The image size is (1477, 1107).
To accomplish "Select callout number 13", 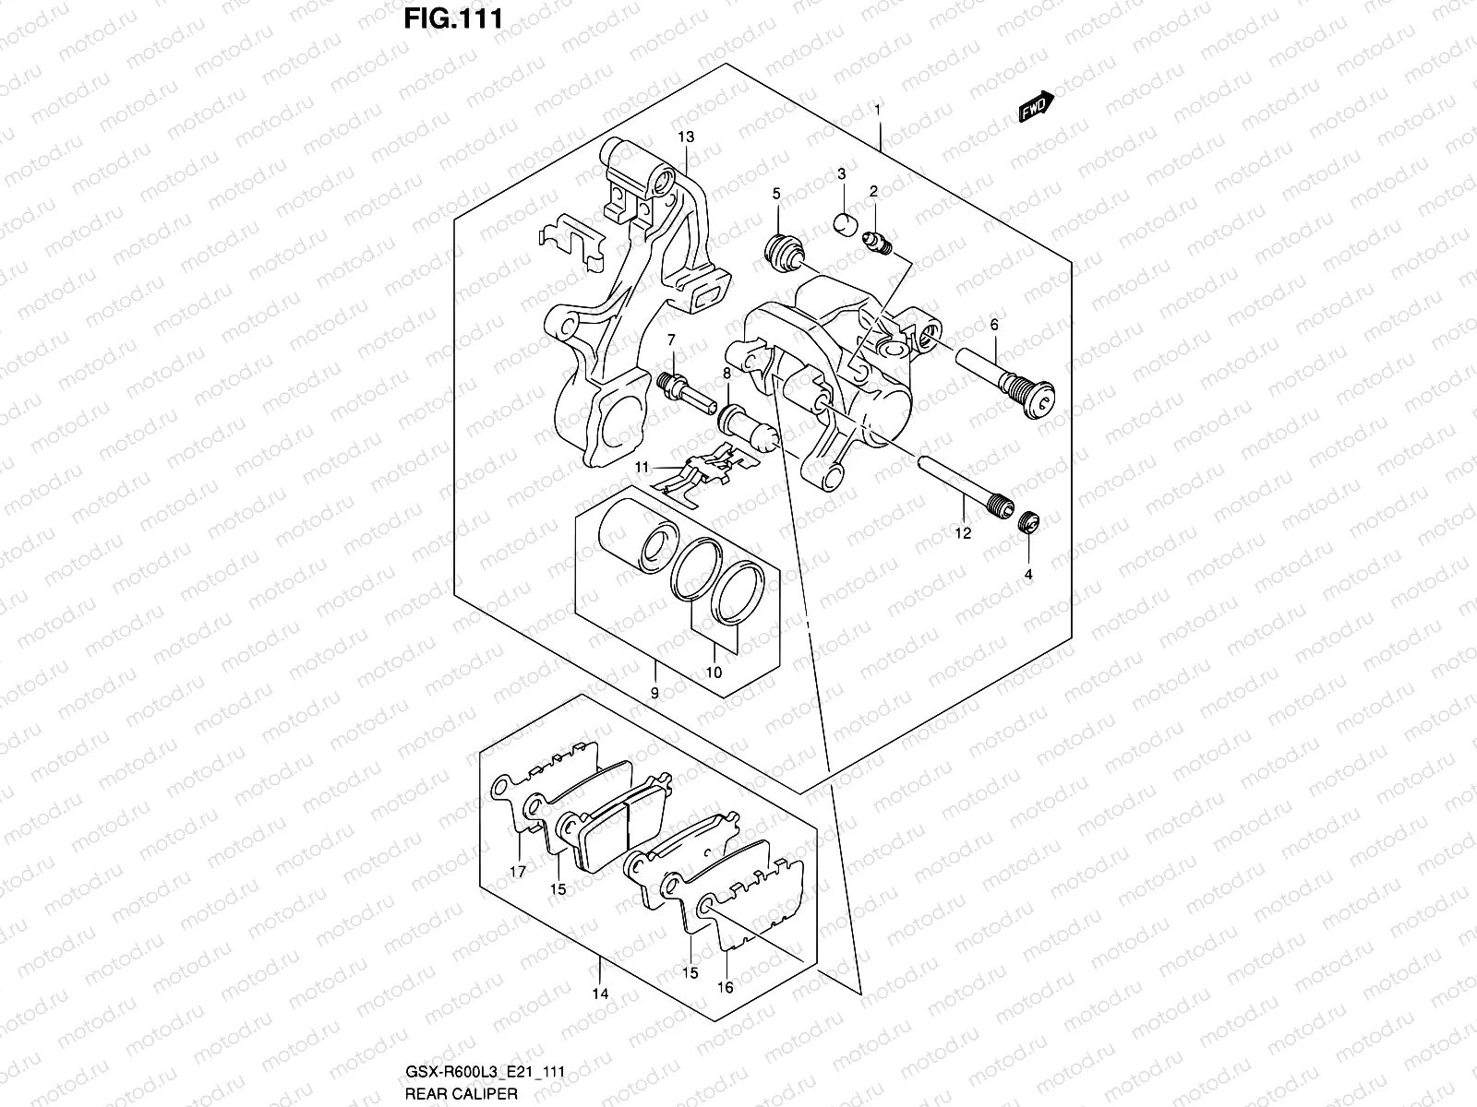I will point(685,137).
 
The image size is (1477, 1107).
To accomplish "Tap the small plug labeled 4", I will point(1029,523).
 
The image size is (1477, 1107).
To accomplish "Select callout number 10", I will point(714,673).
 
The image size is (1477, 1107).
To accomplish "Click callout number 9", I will point(654,693).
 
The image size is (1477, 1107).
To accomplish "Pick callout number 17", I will point(518,871).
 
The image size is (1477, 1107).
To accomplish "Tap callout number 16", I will point(725,987).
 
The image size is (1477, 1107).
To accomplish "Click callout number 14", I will point(600,994).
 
